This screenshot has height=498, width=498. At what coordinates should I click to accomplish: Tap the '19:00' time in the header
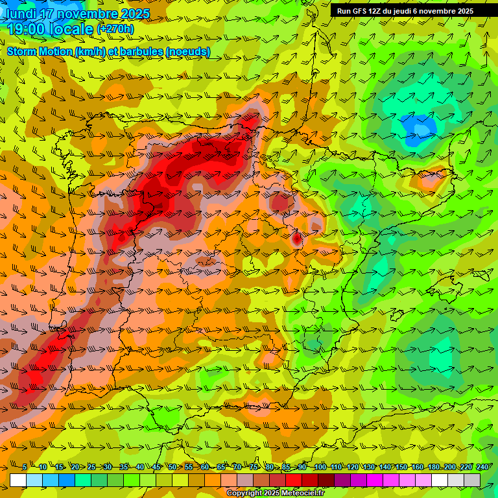(x=27, y=29)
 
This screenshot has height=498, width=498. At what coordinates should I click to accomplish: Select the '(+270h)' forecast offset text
(x=115, y=29)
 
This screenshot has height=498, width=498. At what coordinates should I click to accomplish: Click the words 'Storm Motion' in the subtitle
(x=40, y=52)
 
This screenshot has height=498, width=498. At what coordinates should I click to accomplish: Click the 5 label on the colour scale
(x=25, y=468)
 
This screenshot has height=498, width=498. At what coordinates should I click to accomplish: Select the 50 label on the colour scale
(x=172, y=468)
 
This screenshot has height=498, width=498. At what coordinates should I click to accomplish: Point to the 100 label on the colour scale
(x=320, y=468)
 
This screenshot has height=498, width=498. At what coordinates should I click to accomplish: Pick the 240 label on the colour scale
(x=482, y=468)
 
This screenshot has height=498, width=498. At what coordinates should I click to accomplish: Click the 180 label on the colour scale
(x=434, y=468)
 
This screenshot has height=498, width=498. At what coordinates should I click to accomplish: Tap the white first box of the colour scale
(x=18, y=480)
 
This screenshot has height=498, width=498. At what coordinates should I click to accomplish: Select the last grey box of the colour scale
(x=472, y=480)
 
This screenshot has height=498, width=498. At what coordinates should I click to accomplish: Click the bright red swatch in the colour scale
(x=294, y=480)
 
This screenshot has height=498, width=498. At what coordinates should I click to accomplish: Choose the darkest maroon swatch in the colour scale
(x=326, y=480)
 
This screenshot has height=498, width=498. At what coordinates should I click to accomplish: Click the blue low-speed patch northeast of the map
(x=416, y=126)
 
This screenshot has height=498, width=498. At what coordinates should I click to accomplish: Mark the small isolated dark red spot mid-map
(x=296, y=239)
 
